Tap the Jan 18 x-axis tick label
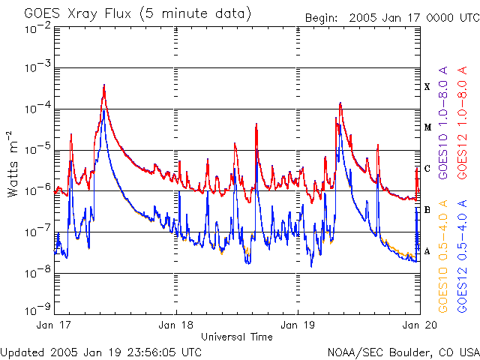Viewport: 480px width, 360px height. click(176, 325)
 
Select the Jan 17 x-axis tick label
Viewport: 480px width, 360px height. click(55, 325)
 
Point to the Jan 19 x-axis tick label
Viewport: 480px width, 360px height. click(298, 325)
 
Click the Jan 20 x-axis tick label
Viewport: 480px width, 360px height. click(418, 325)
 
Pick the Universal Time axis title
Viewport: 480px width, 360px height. click(236, 337)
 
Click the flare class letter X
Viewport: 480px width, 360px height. click(427, 87)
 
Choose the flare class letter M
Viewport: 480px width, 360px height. click(427, 127)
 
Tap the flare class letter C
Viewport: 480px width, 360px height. click(427, 169)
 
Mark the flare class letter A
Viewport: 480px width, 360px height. click(427, 251)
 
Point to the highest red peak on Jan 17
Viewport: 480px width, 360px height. click(104, 85)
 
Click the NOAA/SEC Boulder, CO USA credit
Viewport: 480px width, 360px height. click(403, 352)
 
